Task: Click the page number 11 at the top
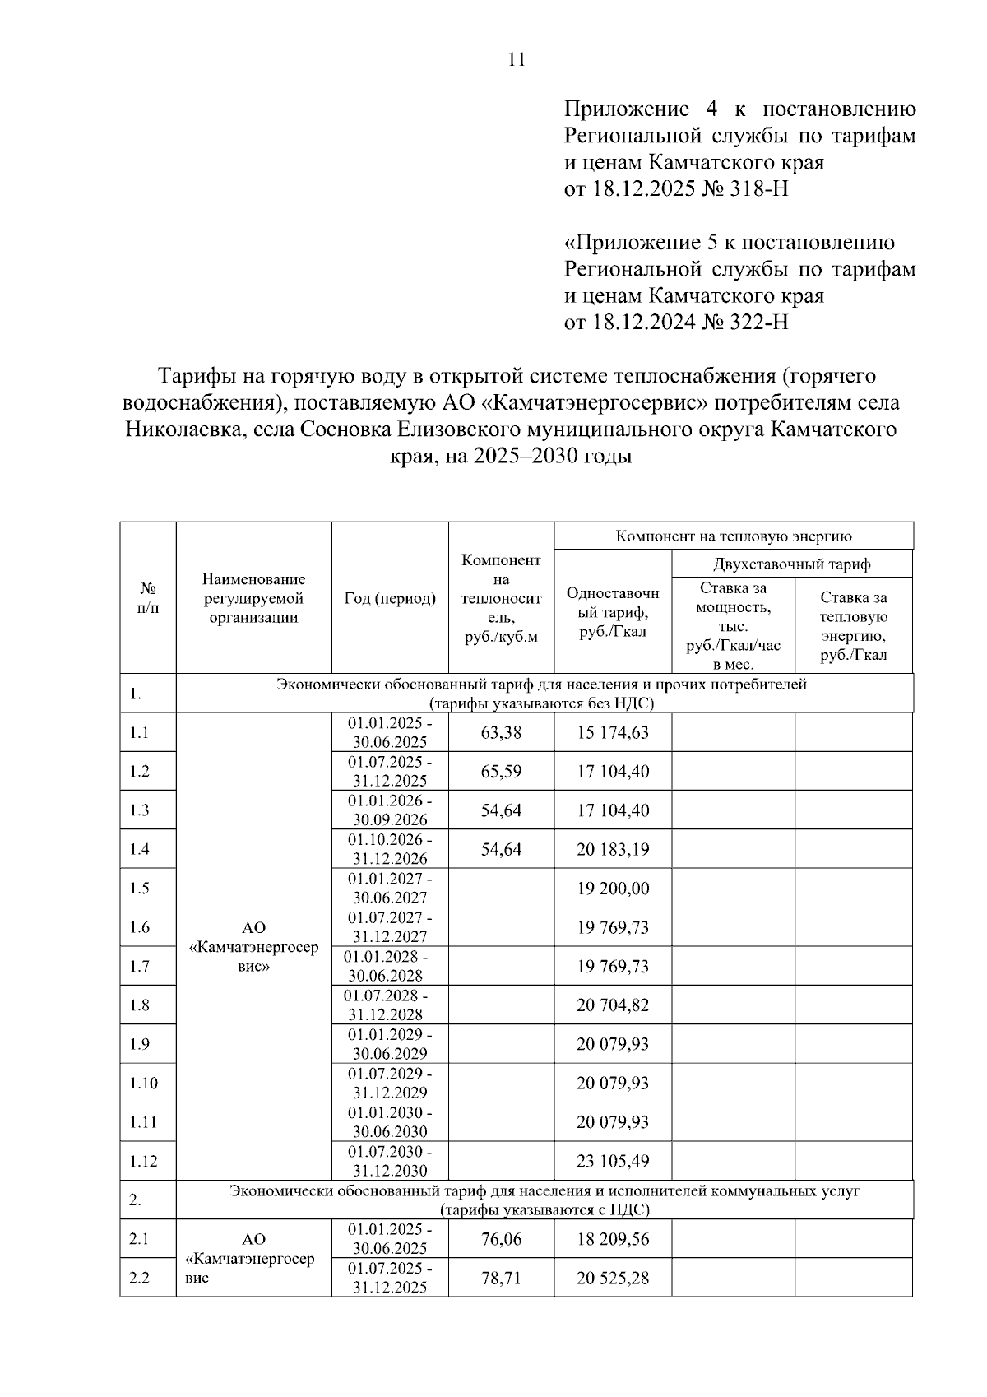pyautogui.click(x=517, y=59)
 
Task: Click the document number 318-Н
pyautogui.click(x=756, y=189)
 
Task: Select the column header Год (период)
pyautogui.click(x=390, y=598)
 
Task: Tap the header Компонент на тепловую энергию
pyautogui.click(x=734, y=536)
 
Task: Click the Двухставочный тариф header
pyautogui.click(x=791, y=564)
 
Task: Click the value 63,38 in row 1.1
pyautogui.click(x=501, y=732)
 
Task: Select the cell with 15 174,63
pyautogui.click(x=613, y=732)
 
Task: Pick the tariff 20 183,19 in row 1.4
pyautogui.click(x=613, y=849)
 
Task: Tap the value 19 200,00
pyautogui.click(x=613, y=889)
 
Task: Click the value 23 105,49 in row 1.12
pyautogui.click(x=613, y=1161)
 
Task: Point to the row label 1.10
pyautogui.click(x=143, y=1084)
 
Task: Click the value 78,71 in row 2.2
pyautogui.click(x=501, y=1279)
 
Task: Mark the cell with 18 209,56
pyautogui.click(x=613, y=1239)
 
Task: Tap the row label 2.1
pyautogui.click(x=139, y=1239)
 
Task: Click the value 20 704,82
pyautogui.click(x=613, y=1005)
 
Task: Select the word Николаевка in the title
pyautogui.click(x=183, y=429)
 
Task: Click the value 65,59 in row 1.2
pyautogui.click(x=501, y=772)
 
